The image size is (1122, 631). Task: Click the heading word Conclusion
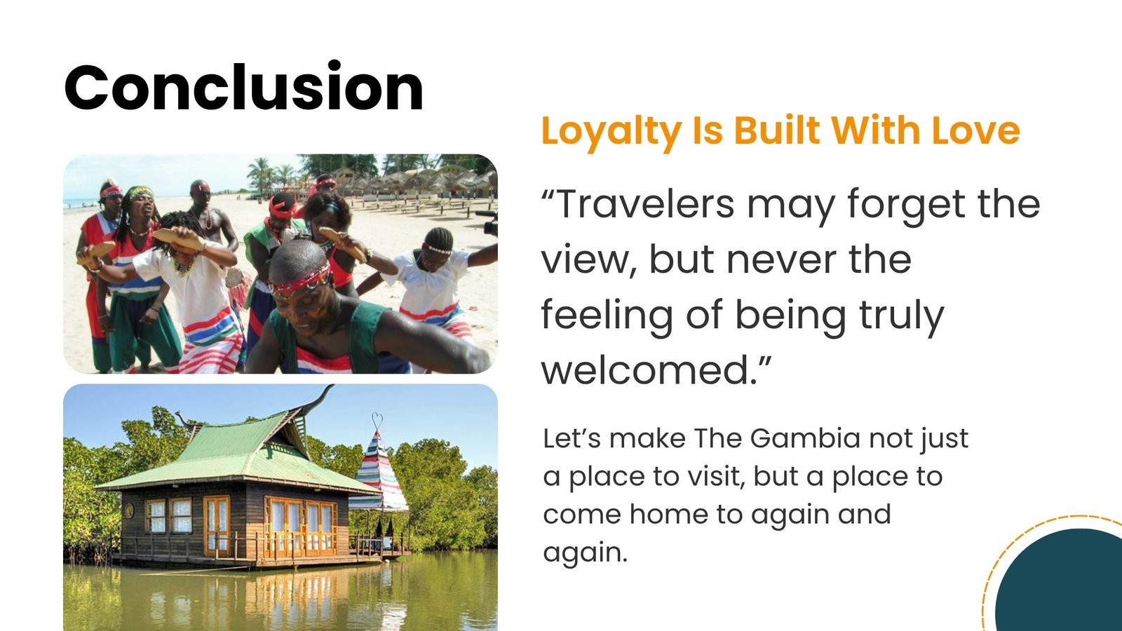(x=244, y=87)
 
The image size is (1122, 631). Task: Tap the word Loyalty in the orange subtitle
(x=611, y=131)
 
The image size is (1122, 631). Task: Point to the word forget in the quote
(x=905, y=205)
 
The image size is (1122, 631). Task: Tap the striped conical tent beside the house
(x=379, y=473)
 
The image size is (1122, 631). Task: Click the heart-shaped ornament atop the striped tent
(x=377, y=421)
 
